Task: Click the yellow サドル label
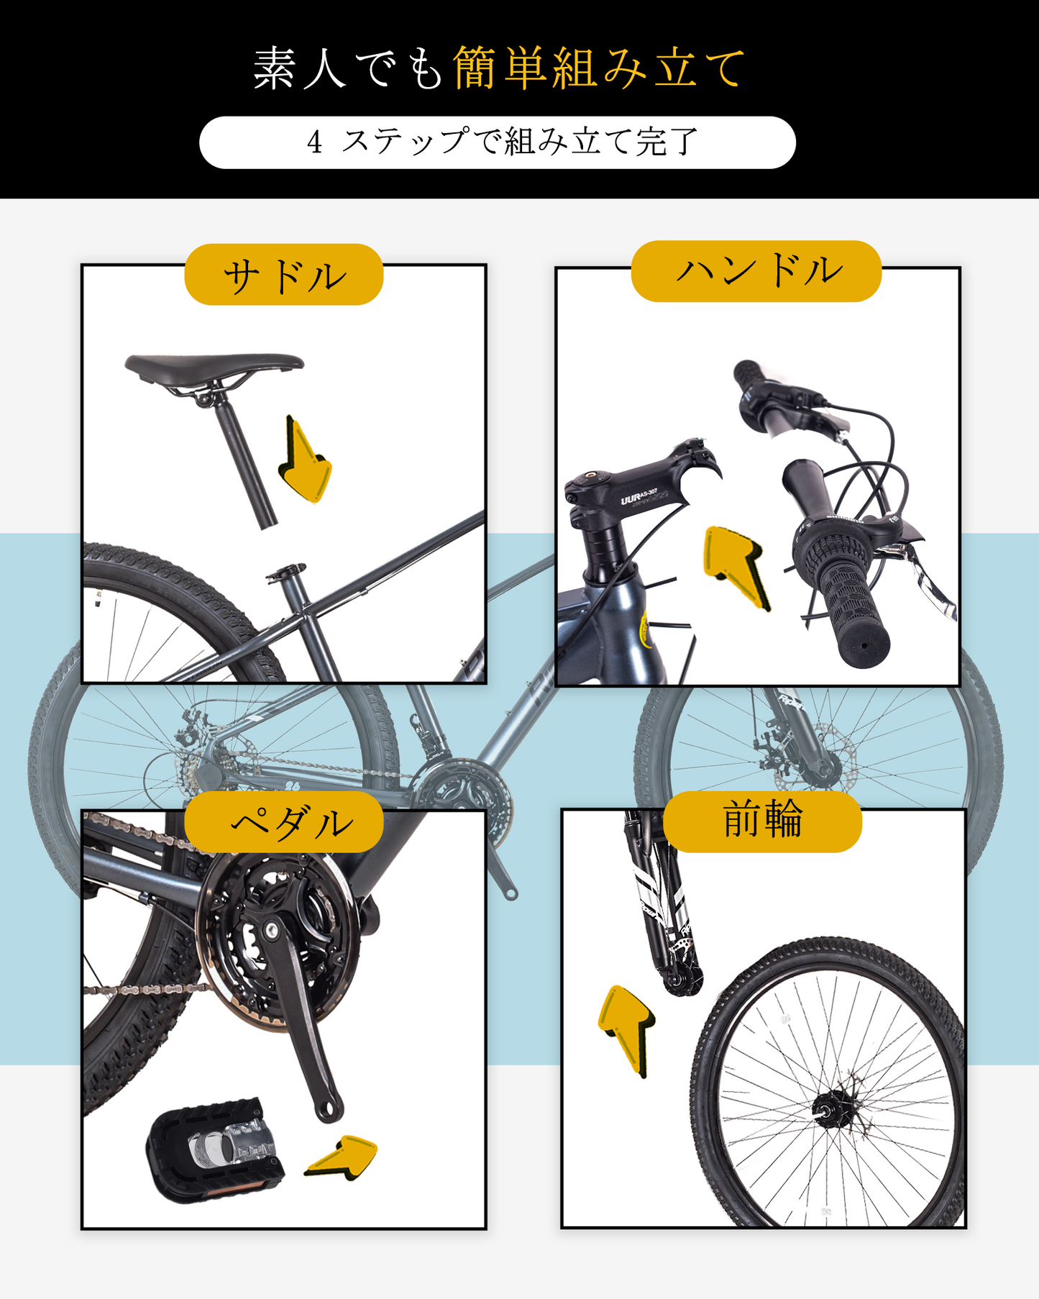(283, 275)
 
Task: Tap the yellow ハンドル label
(756, 271)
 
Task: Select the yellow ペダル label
(283, 822)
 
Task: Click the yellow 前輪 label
(761, 821)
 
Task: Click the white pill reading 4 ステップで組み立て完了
(497, 142)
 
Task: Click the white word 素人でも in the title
(348, 69)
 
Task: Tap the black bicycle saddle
(214, 365)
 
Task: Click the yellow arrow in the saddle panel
(305, 463)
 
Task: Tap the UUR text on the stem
(631, 498)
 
